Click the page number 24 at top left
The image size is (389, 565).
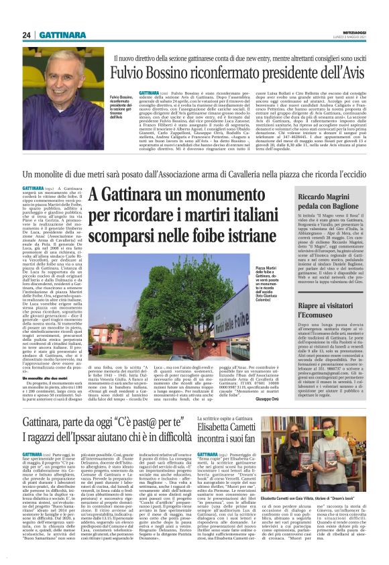[x=9, y=35]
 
